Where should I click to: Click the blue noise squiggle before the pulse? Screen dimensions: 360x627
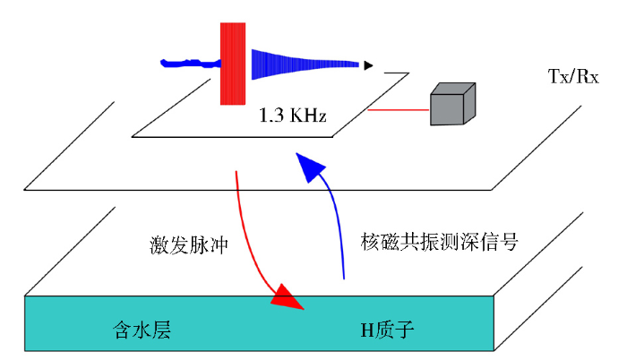(x=188, y=63)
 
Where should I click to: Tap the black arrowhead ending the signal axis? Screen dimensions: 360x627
(x=368, y=64)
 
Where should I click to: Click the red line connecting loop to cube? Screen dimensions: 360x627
(x=398, y=111)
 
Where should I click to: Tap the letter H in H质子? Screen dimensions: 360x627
(x=364, y=330)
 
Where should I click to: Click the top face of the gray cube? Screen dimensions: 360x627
(x=453, y=89)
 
